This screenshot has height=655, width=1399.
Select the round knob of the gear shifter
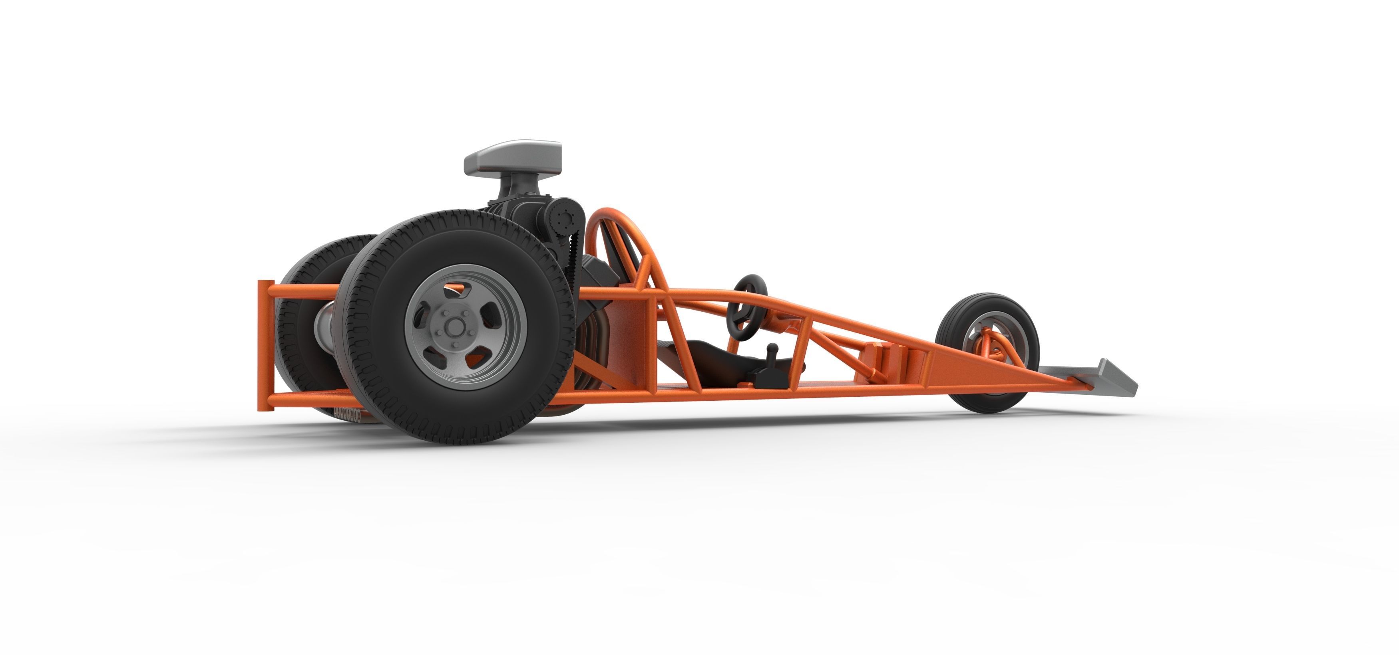(x=772, y=348)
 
